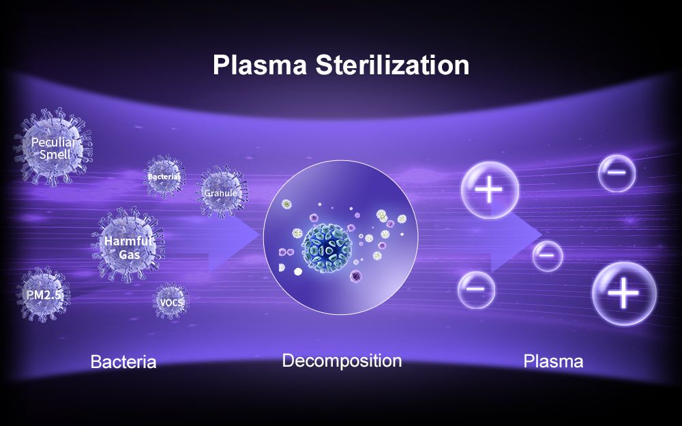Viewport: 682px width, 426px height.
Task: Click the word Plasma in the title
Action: pyautogui.click(x=260, y=65)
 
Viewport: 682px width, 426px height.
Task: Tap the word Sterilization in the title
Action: pyautogui.click(x=392, y=65)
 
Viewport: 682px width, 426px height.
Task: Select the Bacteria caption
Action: pyautogui.click(x=123, y=362)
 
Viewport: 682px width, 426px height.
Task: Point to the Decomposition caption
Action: pyautogui.click(x=342, y=361)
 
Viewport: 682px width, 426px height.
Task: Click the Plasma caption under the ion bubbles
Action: pyautogui.click(x=553, y=361)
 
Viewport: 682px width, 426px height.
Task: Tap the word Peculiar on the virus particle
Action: pyautogui.click(x=53, y=142)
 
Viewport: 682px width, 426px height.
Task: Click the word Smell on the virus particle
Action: pyautogui.click(x=55, y=154)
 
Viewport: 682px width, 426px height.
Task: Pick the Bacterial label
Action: pyautogui.click(x=164, y=177)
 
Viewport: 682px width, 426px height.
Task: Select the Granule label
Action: pyautogui.click(x=220, y=193)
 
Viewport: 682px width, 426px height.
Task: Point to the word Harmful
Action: pyautogui.click(x=128, y=241)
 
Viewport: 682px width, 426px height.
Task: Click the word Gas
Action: pyautogui.click(x=129, y=254)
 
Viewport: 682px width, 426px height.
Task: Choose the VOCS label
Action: pyautogui.click(x=172, y=302)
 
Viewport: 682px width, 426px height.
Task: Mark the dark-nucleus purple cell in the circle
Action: pyautogui.click(x=356, y=275)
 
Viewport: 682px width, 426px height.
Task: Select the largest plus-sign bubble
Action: pyautogui.click(x=624, y=293)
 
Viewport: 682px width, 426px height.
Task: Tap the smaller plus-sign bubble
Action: pyautogui.click(x=490, y=190)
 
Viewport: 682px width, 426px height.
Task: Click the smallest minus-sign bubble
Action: pyautogui.click(x=547, y=256)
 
